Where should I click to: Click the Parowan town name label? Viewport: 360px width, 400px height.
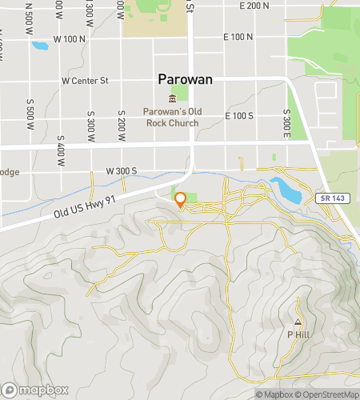[x=186, y=81]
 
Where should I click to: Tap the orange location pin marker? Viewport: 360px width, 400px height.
[x=181, y=200]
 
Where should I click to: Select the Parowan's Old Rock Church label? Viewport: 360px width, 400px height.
[x=171, y=116]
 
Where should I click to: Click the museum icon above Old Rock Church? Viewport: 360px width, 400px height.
[x=171, y=98]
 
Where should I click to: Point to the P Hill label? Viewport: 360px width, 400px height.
[x=297, y=334]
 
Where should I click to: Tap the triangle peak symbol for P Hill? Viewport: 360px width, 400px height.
[x=297, y=322]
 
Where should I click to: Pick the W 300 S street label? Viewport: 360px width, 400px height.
[x=122, y=171]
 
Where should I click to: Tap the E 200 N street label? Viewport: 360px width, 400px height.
[x=255, y=6]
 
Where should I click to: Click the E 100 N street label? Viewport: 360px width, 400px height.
[x=238, y=37]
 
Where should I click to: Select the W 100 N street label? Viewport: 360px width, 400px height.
[x=68, y=38]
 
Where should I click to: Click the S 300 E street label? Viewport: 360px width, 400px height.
[x=286, y=122]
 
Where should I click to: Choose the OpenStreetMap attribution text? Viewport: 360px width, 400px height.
[x=327, y=394]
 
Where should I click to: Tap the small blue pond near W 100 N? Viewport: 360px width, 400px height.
[x=39, y=45]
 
